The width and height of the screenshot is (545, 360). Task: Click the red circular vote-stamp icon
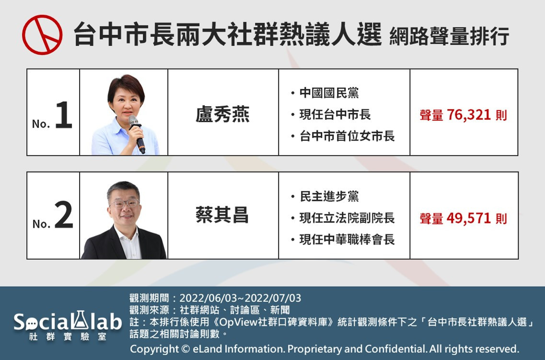coord(42,35)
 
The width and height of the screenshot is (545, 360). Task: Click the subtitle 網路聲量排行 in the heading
coord(450,36)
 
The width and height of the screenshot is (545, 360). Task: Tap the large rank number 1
coord(64,115)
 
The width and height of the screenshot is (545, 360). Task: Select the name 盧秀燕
coord(222,114)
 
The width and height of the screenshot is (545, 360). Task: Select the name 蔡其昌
coord(222,215)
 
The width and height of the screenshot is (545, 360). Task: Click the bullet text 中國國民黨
coord(329,93)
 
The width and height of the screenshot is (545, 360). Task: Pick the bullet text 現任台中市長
coord(335,114)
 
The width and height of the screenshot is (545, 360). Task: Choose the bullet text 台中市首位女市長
coord(347,136)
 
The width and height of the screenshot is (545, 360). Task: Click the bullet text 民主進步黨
coord(329,197)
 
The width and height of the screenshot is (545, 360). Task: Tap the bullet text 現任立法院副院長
coord(347,218)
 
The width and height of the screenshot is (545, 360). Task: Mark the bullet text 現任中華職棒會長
coord(347,239)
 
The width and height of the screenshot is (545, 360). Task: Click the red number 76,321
coord(468,115)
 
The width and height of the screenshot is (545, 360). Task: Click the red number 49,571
coord(468,218)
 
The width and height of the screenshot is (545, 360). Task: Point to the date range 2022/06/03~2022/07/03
coord(240,298)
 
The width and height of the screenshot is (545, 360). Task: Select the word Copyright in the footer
coord(154,349)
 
